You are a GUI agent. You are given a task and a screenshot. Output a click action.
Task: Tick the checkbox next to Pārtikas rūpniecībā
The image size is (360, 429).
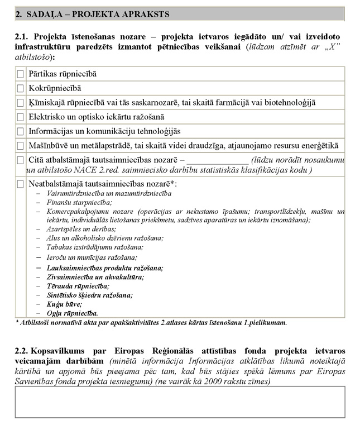[21, 74]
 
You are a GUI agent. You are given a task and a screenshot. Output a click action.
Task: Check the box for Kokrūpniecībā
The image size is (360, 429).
[21, 88]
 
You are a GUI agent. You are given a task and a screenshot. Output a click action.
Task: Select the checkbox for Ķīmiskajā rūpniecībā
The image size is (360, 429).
[21, 103]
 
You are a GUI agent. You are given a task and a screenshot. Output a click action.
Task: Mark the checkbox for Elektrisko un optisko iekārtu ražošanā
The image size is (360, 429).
[21, 117]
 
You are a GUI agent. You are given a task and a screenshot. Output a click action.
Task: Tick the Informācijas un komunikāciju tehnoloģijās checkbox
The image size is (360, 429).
[21, 132]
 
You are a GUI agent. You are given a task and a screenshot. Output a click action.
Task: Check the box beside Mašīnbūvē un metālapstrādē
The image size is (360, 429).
[21, 146]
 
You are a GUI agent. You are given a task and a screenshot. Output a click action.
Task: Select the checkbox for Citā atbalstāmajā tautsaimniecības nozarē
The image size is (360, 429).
[21, 160]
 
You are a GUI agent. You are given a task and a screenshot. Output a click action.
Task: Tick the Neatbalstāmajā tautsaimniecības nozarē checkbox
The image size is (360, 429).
[21, 184]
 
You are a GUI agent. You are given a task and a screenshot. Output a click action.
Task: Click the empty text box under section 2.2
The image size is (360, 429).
[180, 402]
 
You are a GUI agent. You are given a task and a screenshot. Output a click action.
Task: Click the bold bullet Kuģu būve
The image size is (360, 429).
[65, 304]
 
